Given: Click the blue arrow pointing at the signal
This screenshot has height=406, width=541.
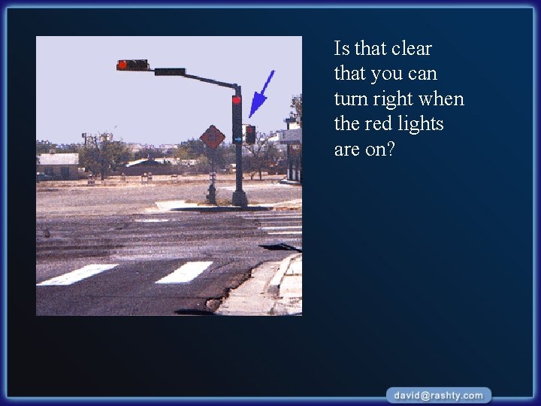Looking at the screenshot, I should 261,95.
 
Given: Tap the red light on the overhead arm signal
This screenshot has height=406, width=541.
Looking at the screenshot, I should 122,65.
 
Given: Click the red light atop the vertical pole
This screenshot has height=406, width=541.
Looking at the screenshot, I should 236,100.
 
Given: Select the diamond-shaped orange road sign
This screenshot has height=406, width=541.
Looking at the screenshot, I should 213,137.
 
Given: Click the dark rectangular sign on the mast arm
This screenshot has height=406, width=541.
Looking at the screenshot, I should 170,71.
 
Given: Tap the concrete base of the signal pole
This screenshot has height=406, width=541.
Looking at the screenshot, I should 240,198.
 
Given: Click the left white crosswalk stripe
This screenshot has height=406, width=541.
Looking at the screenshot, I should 77,274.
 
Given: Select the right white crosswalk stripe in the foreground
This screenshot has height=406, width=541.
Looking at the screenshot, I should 185,271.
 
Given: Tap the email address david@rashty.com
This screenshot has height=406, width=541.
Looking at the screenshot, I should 440,395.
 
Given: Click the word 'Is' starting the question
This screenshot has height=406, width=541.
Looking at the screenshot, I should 342,49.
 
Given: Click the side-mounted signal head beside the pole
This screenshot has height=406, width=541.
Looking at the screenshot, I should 250,135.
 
